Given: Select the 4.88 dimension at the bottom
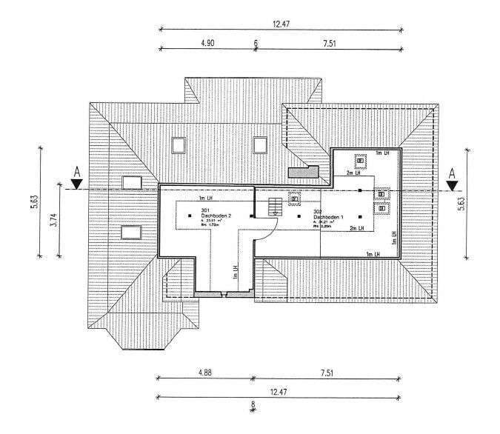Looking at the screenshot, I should tap(204, 373).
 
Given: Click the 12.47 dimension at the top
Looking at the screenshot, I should tap(281, 24).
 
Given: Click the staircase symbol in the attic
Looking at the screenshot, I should tap(273, 204).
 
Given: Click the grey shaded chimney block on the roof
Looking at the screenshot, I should tap(304, 172).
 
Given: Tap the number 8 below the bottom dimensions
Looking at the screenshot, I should tap(253, 404).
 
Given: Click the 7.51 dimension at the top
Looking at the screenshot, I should tap(330, 44).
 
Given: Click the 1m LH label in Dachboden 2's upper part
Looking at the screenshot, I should tap(205, 200).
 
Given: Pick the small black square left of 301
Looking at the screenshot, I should tap(178, 216).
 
